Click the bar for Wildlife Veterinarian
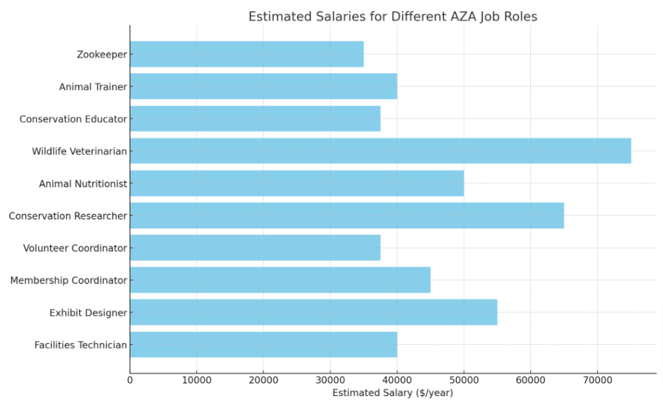point(380,151)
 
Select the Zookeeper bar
point(247,54)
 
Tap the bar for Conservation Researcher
point(346,216)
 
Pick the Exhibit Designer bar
point(313,313)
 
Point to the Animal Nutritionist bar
point(297,183)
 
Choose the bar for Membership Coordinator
point(280,280)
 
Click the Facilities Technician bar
point(263,345)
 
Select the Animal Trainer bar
point(263,87)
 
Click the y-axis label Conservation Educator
point(73,119)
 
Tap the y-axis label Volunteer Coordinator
point(75,248)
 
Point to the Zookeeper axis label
point(102,54)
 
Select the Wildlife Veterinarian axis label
point(80,151)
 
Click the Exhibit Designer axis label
point(88,313)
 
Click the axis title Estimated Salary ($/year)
point(392,393)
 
